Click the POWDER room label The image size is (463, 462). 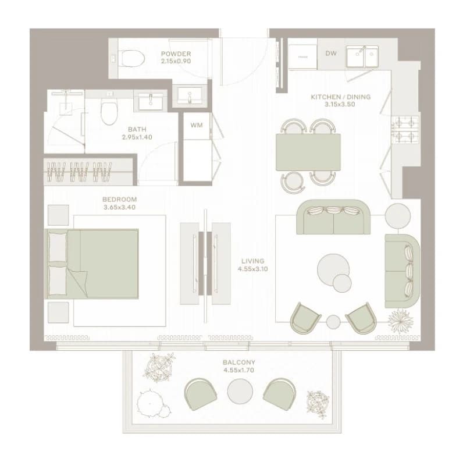[x=176, y=54]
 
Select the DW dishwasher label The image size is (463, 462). [x=331, y=54]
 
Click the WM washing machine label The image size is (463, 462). [x=197, y=125]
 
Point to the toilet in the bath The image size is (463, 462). [x=109, y=111]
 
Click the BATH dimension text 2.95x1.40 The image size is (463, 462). [x=137, y=137]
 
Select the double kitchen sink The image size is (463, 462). [x=362, y=56]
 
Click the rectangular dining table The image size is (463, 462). [x=308, y=152]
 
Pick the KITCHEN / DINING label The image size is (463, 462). [x=340, y=97]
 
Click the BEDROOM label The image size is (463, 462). [x=120, y=200]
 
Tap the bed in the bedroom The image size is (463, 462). [x=91, y=264]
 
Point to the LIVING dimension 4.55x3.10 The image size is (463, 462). [x=253, y=269]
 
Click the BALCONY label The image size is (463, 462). [x=239, y=363]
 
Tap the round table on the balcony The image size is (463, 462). [x=240, y=392]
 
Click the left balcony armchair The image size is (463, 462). [x=201, y=395]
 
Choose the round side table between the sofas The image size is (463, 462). [x=397, y=216]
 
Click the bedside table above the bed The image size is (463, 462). [x=58, y=215]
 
